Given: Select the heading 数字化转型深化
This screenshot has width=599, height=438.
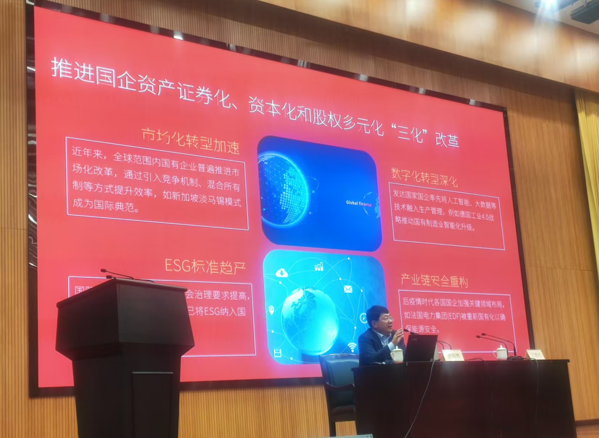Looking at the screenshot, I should pos(424,177).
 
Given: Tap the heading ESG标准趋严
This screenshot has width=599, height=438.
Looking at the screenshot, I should pos(205,266).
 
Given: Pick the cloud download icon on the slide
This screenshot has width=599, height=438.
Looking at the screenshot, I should pos(282,272).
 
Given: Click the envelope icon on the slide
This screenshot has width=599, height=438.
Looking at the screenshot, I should pos(348,288).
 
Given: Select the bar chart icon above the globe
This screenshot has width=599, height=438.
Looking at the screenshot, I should pos(318,267).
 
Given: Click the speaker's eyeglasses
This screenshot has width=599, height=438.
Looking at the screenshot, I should pos(386,319).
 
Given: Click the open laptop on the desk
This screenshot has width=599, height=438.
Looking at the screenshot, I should pos(420,348).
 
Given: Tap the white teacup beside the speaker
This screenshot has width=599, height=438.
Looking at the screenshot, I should pos(397,355).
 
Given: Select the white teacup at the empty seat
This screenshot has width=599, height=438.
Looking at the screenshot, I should pos(500,352).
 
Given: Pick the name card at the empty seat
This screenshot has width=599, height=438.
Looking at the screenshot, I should pos(535,354).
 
